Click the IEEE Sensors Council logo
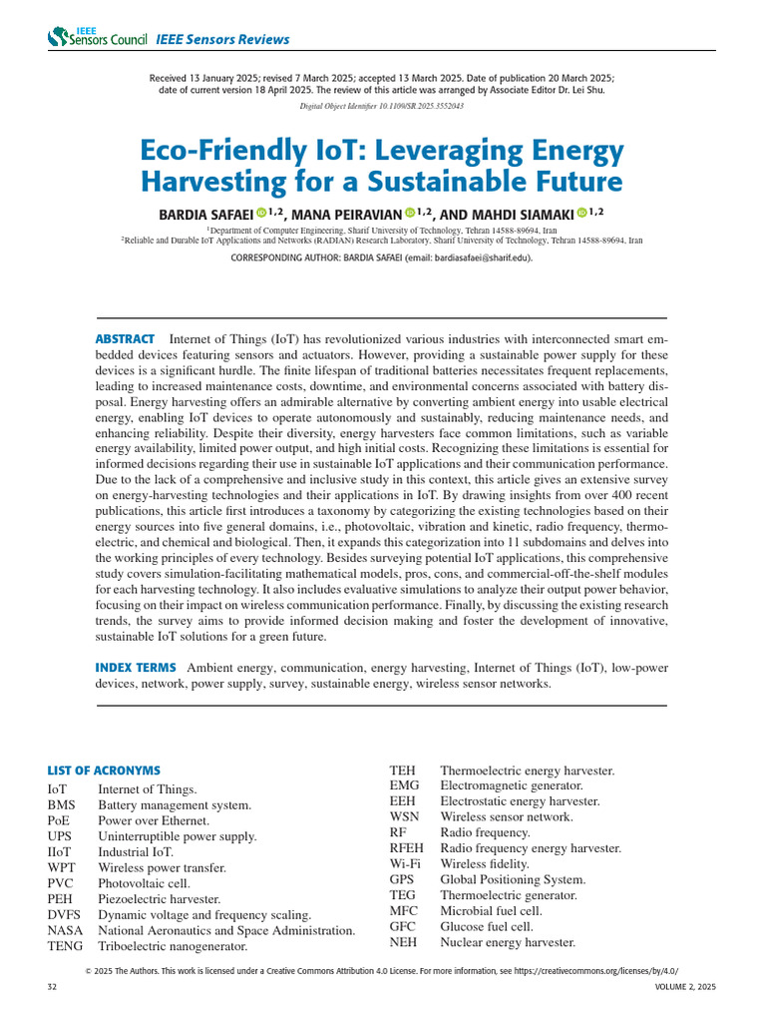click(96, 38)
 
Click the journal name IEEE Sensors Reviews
click(222, 40)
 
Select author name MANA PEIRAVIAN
click(344, 213)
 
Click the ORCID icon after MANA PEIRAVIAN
click(410, 213)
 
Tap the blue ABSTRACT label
click(125, 339)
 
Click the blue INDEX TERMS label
click(136, 667)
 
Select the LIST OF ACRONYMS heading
click(104, 770)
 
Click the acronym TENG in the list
click(65, 946)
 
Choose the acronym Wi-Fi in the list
click(403, 863)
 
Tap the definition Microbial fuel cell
click(491, 911)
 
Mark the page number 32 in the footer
click(53, 987)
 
